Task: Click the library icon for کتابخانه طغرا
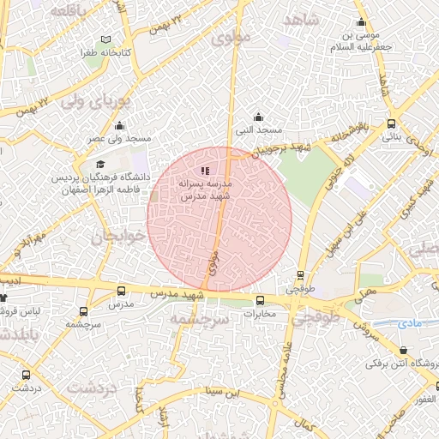[105, 39]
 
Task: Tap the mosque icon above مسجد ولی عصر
[119, 126]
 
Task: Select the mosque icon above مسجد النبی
[259, 117]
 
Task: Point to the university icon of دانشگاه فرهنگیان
[100, 165]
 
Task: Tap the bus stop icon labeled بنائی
[392, 123]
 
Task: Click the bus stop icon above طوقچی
[300, 275]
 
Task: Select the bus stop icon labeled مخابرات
[261, 300]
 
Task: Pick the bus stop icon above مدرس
[120, 292]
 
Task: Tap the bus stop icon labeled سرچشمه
[83, 312]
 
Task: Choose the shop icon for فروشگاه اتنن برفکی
[404, 350]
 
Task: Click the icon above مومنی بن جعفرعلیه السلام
[361, 22]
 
